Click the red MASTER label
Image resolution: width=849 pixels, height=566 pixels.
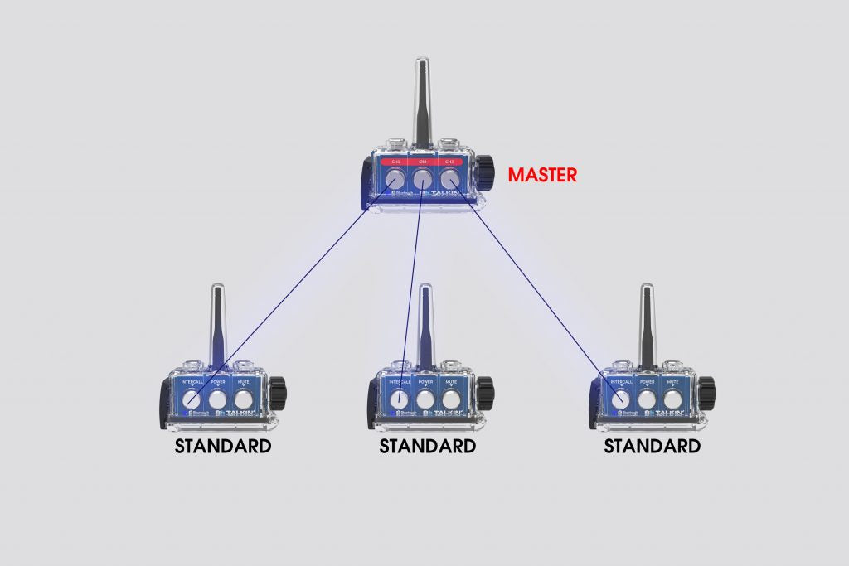point(542,176)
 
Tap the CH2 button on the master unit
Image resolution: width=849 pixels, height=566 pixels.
point(423,179)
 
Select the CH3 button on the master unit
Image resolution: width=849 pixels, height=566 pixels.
point(449,179)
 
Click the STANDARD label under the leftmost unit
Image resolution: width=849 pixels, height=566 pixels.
point(222,447)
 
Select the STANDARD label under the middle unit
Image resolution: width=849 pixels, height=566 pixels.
point(427,447)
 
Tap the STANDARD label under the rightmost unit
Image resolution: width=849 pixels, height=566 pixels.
point(652,447)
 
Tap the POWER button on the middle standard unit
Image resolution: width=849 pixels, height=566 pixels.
point(426,399)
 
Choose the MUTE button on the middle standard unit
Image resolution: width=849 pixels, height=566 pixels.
point(452,399)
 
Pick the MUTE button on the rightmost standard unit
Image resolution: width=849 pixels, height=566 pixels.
point(673,399)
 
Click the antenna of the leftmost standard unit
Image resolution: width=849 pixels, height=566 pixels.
point(216,323)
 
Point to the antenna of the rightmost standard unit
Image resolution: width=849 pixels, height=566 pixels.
point(647,323)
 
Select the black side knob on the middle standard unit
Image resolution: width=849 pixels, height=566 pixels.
point(484,386)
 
